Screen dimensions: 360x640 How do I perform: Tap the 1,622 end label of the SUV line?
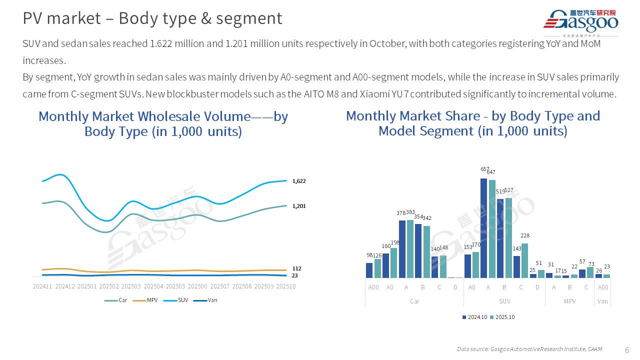pyautogui.click(x=299, y=181)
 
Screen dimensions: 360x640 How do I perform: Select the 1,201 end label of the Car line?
pyautogui.click(x=299, y=206)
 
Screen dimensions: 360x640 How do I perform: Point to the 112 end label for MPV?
pyautogui.click(x=296, y=268)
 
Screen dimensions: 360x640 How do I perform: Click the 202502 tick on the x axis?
pyautogui.click(x=109, y=286)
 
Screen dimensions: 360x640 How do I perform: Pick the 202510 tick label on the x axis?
pyautogui.click(x=285, y=286)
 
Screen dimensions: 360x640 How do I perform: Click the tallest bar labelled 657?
pyautogui.click(x=483, y=228)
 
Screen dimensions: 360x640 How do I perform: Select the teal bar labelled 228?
pyautogui.click(x=524, y=260)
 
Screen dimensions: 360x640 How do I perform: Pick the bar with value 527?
pyautogui.click(x=508, y=238)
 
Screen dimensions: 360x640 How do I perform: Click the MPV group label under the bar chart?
pyautogui.click(x=569, y=301)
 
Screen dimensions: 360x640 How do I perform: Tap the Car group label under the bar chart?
pyautogui.click(x=414, y=301)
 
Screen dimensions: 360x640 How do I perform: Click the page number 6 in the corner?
pyautogui.click(x=627, y=349)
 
